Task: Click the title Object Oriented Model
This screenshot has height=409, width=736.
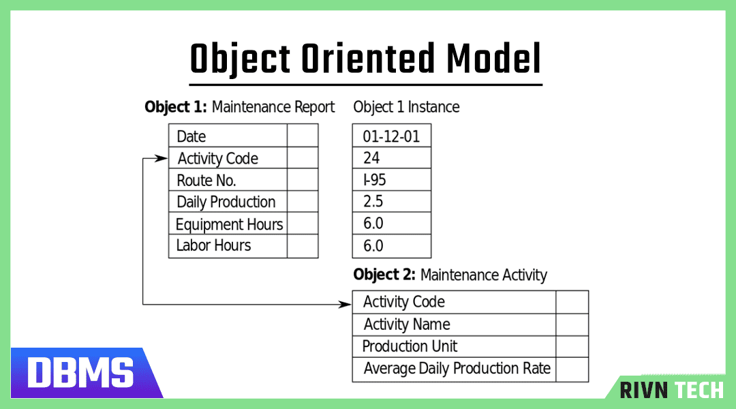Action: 366,59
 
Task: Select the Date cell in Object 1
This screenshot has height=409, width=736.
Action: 191,136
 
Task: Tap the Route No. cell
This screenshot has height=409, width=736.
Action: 206,181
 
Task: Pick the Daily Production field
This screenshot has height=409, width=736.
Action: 226,202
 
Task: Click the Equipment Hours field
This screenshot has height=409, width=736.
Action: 229,224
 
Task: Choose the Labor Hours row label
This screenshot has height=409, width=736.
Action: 213,245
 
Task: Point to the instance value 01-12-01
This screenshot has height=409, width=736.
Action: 391,136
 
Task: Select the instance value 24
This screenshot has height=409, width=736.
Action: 371,158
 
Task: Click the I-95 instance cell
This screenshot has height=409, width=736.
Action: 374,181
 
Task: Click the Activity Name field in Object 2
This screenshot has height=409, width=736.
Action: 407,324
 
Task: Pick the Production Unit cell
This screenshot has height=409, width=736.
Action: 410,346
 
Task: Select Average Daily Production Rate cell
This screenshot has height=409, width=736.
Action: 457,369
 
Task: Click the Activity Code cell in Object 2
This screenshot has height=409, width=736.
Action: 403,302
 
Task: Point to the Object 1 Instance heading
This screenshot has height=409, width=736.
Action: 406,107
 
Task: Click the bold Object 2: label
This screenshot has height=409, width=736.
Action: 384,275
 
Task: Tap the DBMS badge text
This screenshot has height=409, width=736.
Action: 80,373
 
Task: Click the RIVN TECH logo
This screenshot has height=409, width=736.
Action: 671,389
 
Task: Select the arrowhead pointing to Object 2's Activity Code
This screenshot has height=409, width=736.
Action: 346,304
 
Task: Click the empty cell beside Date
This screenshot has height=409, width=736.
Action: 303,136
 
